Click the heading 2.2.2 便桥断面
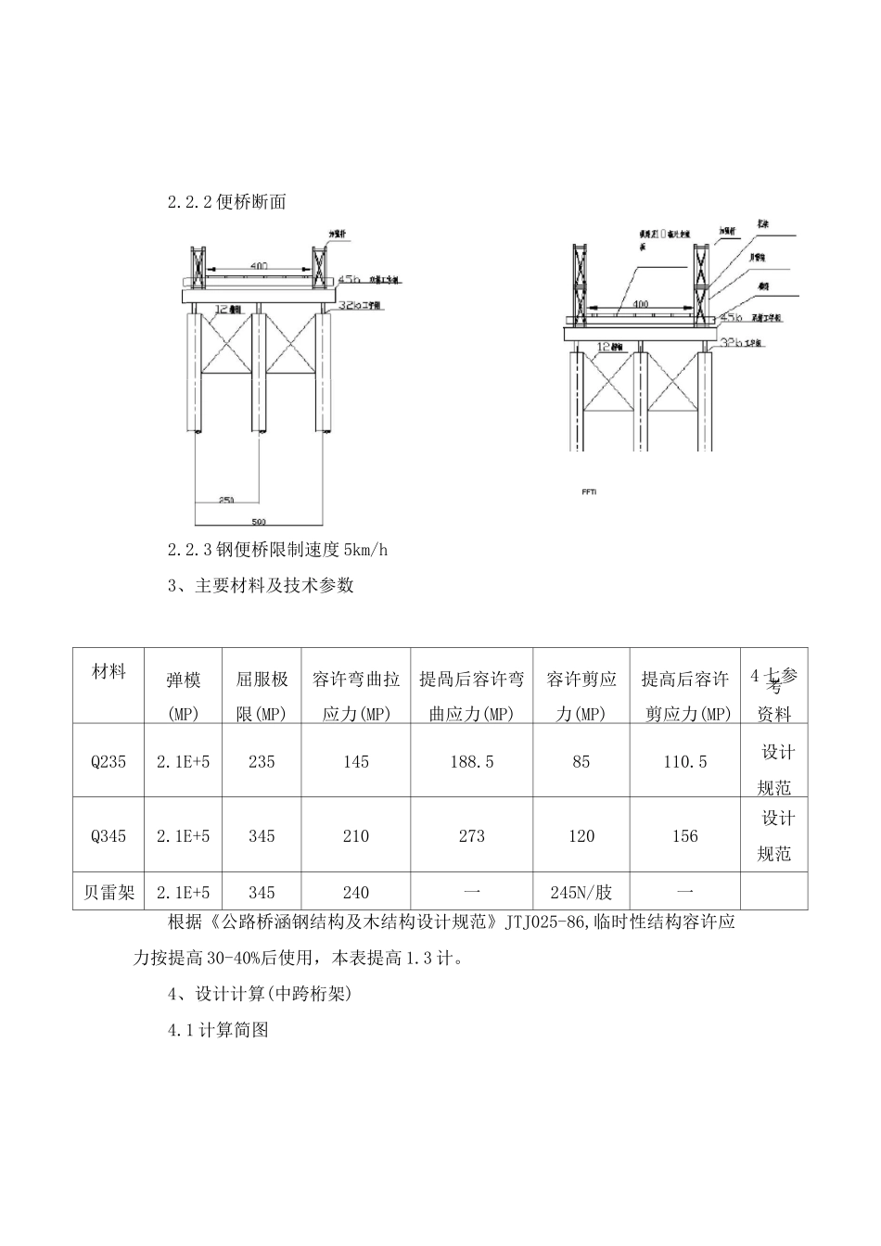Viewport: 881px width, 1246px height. coord(226,203)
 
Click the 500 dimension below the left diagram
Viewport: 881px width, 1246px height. coord(259,522)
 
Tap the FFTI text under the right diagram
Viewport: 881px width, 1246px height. coord(589,491)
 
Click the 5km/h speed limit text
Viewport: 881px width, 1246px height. coord(365,551)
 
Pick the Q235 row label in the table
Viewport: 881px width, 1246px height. coord(109,761)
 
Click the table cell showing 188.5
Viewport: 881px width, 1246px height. coord(471,761)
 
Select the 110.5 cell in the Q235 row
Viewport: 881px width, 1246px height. coord(685,761)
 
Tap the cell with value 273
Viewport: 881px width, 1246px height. coord(471,836)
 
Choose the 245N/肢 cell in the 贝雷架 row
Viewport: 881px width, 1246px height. coord(581,893)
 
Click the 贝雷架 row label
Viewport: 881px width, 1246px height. coord(109,893)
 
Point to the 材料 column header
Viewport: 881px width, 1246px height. coord(109,672)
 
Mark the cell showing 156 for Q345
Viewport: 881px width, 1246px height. coord(685,836)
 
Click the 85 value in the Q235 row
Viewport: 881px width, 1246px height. coord(581,761)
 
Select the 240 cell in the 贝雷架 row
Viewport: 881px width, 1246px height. coord(355,893)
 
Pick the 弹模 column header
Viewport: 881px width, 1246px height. coord(183,680)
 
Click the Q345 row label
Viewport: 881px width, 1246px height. coord(109,836)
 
